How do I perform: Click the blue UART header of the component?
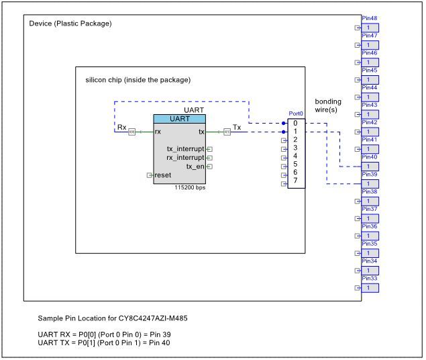click(179, 119)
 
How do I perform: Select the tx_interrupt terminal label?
click(185, 148)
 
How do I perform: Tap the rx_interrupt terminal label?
click(185, 157)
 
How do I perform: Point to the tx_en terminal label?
click(195, 166)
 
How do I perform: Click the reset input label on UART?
click(162, 175)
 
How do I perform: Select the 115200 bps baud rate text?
click(189, 188)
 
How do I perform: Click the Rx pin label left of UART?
click(121, 127)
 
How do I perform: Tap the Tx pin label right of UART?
click(236, 127)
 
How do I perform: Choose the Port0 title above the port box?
click(296, 114)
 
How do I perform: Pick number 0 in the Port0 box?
click(295, 123)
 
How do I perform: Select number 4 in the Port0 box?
click(295, 156)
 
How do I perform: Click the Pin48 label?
click(369, 18)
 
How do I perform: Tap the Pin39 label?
click(369, 175)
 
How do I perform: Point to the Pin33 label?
click(369, 278)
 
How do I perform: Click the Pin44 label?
click(369, 88)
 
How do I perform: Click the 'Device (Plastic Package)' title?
click(70, 24)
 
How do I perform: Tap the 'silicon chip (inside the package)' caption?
click(138, 80)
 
